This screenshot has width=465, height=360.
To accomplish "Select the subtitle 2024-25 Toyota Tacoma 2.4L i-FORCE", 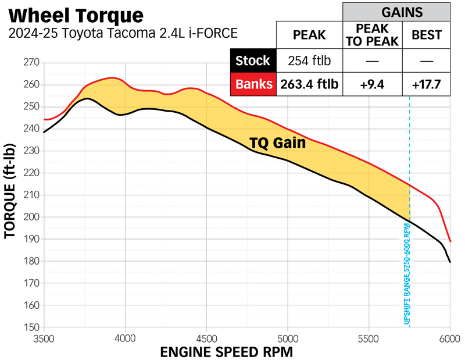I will tap(123, 34).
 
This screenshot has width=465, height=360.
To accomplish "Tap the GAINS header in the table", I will tap(395, 11).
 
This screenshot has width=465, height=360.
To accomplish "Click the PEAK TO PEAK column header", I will tap(373, 35).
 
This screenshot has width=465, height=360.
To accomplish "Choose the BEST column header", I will tap(426, 35).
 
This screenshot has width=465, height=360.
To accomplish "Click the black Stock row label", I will tap(253, 61).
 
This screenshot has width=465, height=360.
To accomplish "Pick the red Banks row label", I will tap(253, 84).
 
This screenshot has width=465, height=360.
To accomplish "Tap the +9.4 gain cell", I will tap(373, 84).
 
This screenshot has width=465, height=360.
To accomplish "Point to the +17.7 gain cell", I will tap(426, 84).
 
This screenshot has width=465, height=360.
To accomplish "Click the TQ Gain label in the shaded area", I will tap(277, 142).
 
